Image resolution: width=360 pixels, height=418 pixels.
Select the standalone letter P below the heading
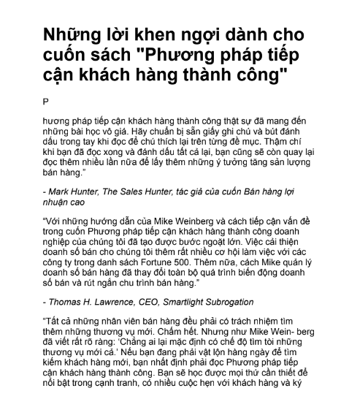click(45, 99)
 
